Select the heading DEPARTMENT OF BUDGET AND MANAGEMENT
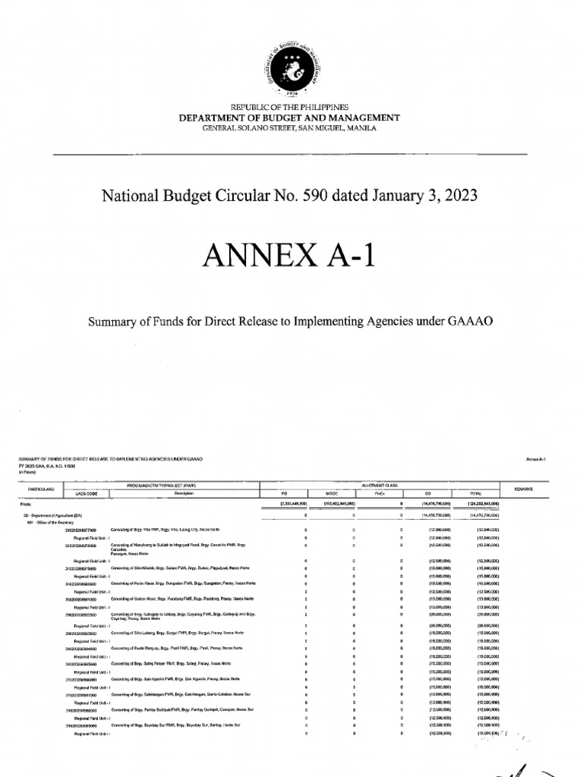[288, 118]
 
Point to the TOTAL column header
[476, 493]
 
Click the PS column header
[284, 493]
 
